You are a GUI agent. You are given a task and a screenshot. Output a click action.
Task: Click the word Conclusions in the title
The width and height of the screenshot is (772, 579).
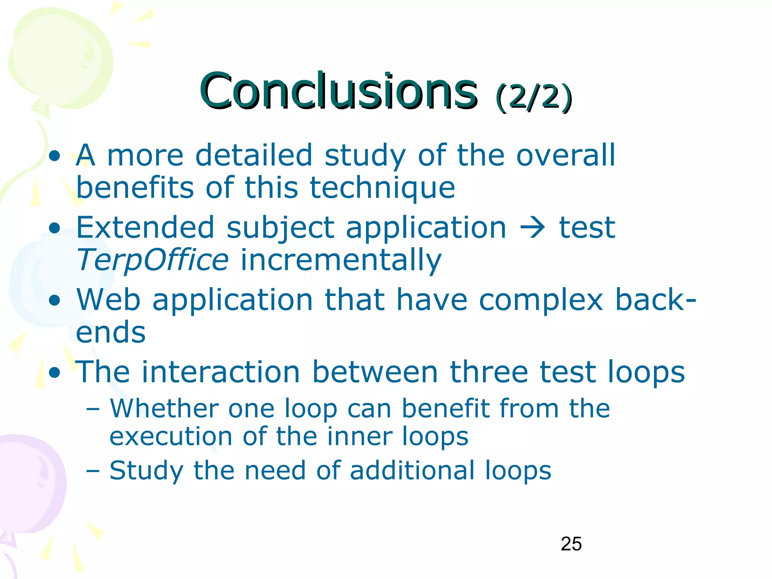339,91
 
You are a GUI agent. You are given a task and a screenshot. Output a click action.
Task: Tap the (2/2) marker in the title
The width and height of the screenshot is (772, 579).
534,97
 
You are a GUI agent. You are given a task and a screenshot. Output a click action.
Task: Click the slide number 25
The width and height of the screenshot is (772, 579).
571,544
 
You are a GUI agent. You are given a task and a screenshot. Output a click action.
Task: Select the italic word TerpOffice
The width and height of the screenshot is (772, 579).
152,260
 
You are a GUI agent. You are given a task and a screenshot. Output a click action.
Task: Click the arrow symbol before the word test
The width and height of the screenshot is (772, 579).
532,228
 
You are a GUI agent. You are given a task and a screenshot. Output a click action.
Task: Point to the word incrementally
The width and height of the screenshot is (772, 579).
341,260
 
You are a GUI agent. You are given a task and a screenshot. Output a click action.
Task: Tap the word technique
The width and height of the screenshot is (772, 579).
382,188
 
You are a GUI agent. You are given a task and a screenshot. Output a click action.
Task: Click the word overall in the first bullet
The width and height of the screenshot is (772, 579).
565,155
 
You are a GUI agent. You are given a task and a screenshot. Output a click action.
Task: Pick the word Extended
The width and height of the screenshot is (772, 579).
145,228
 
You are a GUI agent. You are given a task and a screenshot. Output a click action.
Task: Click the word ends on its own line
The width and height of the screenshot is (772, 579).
110,332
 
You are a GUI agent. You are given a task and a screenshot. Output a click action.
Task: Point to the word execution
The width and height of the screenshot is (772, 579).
170,437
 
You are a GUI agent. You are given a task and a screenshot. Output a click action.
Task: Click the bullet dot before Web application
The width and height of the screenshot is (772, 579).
55,301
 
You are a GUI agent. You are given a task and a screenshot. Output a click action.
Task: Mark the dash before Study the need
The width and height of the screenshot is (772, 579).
92,471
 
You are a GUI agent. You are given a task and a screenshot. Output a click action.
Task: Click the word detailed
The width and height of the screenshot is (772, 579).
254,155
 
